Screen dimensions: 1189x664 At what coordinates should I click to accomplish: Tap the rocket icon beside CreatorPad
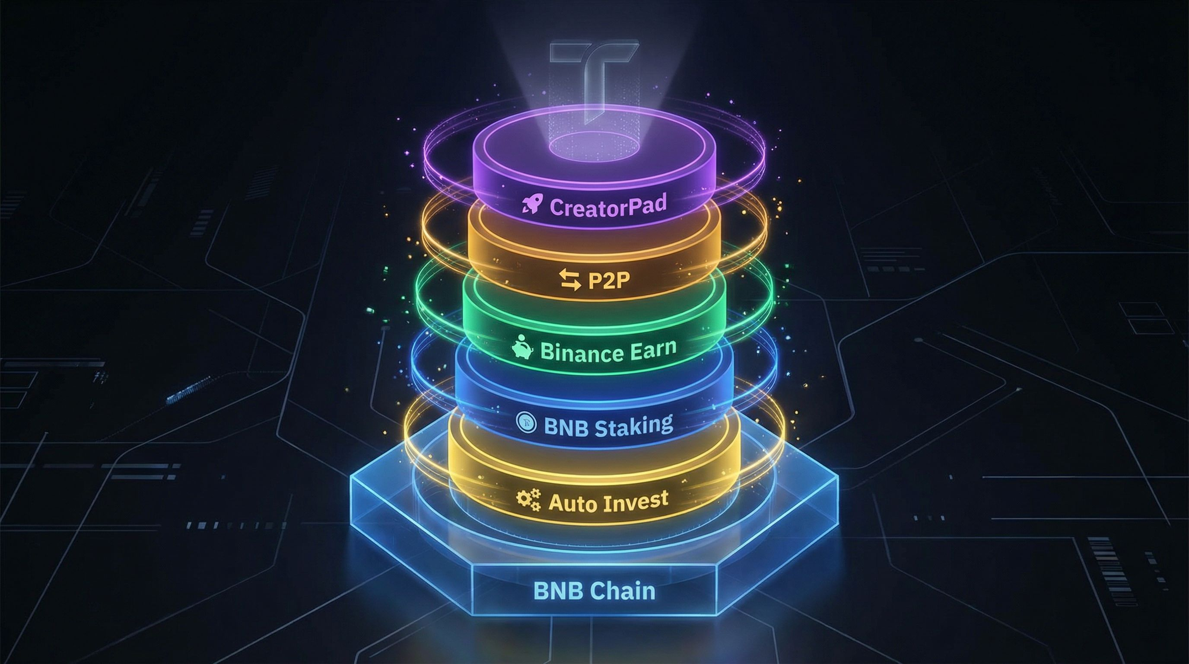(531, 204)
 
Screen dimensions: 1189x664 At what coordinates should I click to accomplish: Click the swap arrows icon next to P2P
(570, 280)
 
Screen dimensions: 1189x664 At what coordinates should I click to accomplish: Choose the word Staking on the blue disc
(633, 426)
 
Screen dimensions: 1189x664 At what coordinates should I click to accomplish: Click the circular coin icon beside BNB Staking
(525, 423)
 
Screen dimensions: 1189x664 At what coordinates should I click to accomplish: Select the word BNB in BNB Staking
(566, 427)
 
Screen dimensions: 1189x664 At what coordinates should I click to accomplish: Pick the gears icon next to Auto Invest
(528, 500)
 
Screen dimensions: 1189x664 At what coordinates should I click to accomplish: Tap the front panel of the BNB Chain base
(594, 600)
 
